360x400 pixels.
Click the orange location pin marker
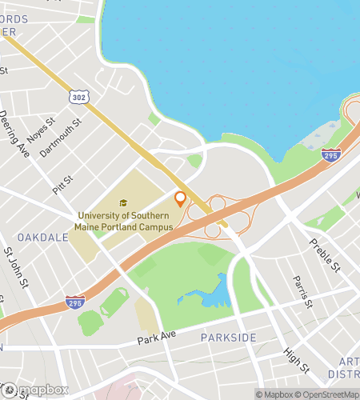180,199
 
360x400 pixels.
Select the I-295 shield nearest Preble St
331,155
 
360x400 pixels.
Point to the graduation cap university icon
123,203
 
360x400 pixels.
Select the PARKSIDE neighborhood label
228,338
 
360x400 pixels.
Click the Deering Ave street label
15,134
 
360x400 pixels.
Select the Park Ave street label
156,338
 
